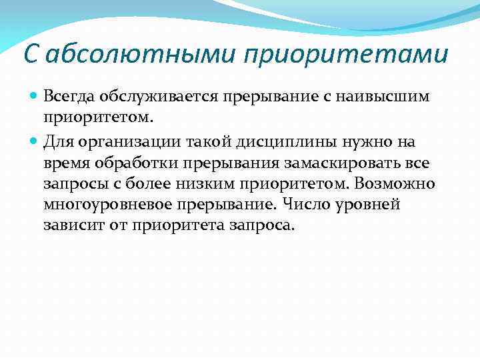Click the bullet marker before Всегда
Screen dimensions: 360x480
coord(35,97)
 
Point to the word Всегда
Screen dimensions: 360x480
coord(69,97)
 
